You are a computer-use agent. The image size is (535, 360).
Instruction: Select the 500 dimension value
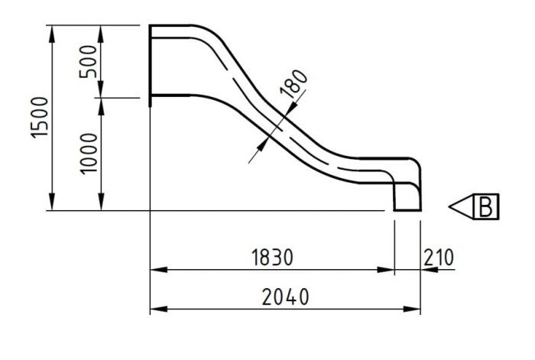(x=89, y=61)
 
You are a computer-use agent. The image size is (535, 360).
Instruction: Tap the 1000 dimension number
(x=89, y=153)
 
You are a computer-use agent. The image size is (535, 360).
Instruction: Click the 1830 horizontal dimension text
(x=272, y=258)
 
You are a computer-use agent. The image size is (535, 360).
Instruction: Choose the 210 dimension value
(x=438, y=258)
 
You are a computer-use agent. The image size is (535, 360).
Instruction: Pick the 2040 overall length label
(x=284, y=297)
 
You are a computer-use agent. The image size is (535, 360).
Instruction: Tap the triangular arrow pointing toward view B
(x=461, y=206)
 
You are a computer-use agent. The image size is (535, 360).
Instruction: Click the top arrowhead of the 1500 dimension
(x=51, y=31)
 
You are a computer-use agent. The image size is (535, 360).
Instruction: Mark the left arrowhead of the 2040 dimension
(x=156, y=309)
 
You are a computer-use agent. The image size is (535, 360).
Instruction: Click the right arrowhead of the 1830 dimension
(x=387, y=270)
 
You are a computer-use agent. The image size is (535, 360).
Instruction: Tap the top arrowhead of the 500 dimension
(x=100, y=31)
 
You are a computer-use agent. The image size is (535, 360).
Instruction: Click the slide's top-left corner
(x=151, y=26)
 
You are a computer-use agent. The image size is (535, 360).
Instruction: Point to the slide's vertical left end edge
(x=150, y=61)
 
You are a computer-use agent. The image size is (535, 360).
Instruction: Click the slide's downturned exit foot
(x=407, y=197)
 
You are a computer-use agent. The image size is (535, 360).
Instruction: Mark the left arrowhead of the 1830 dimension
(x=156, y=270)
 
